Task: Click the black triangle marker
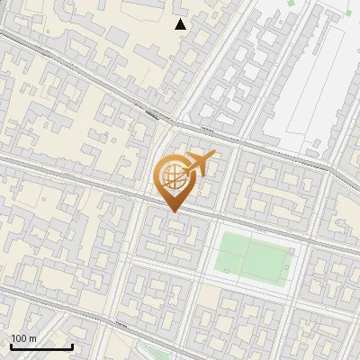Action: [x=181, y=24]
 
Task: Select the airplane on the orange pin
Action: [x=199, y=164]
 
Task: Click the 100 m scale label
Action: [x=24, y=338]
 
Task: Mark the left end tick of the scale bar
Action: [x=11, y=346]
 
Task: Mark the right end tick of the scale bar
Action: [x=72, y=346]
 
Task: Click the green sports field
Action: [x=253, y=255]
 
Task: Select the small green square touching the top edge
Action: [x=292, y=3]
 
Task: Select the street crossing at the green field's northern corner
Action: [x=228, y=222]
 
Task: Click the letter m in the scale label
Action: [x=33, y=338]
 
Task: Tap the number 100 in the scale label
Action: [x=20, y=338]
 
